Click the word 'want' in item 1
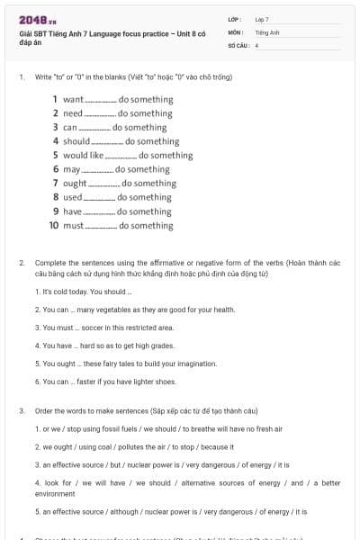pos(73,99)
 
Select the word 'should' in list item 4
pos(76,141)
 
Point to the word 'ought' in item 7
pos(76,184)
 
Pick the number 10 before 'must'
pos(54,226)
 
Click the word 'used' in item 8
pos(73,197)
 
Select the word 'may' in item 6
pos(72,169)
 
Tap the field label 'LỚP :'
pos(235,19)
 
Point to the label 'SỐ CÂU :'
pos(238,44)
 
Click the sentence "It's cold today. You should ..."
pos(84,292)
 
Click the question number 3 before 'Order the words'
pos(21,411)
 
